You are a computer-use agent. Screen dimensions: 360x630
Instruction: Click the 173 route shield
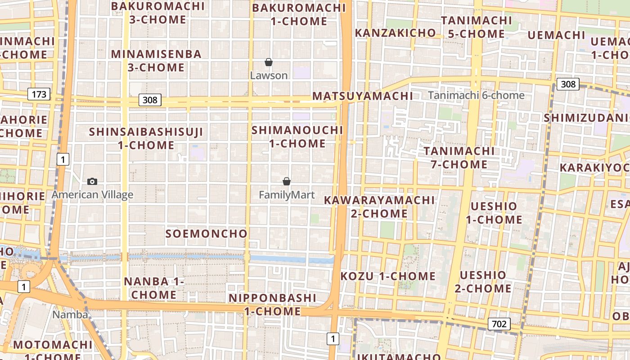click(x=39, y=94)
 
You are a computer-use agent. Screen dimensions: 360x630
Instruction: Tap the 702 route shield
click(x=499, y=324)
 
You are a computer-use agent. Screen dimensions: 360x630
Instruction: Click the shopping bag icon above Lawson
click(x=269, y=62)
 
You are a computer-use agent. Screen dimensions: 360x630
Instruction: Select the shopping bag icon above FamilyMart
click(x=287, y=181)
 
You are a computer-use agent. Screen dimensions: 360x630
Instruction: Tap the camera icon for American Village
click(x=92, y=181)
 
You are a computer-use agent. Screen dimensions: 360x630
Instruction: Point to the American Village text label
click(x=92, y=195)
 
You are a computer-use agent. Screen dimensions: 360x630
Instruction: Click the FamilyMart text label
click(x=287, y=195)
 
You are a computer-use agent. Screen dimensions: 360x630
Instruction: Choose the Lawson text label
click(x=269, y=76)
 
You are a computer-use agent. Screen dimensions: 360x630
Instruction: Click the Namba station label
click(x=70, y=315)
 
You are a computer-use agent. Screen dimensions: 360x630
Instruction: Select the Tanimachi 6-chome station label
click(x=476, y=95)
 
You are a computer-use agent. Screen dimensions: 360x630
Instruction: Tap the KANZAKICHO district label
click(x=396, y=33)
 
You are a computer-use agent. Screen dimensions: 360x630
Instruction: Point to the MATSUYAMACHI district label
click(x=363, y=96)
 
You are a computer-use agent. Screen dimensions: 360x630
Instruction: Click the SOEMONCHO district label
click(x=207, y=234)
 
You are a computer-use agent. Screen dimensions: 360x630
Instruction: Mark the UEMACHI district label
click(x=556, y=35)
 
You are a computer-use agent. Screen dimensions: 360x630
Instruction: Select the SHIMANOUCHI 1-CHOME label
click(x=297, y=137)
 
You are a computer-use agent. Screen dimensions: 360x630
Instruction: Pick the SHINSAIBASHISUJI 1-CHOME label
click(x=146, y=139)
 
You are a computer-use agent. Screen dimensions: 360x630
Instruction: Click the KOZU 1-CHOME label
click(x=388, y=276)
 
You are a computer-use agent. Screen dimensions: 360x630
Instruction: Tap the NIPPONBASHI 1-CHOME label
click(x=273, y=305)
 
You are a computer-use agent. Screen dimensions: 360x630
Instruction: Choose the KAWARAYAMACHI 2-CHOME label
click(x=379, y=207)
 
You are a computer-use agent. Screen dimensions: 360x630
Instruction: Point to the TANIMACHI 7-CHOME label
click(x=459, y=157)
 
